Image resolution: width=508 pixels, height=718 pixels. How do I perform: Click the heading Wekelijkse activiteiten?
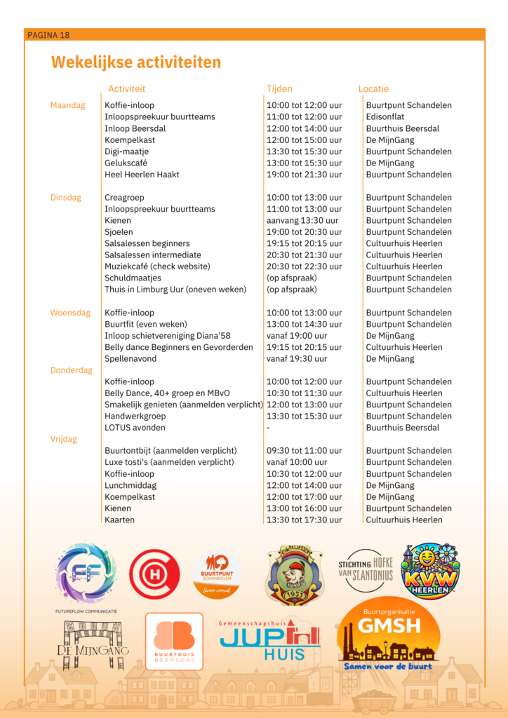[136, 62]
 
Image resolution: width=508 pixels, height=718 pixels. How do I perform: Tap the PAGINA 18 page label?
[48, 35]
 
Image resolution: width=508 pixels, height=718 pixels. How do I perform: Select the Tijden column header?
[279, 89]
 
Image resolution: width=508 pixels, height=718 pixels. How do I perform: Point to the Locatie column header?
[373, 89]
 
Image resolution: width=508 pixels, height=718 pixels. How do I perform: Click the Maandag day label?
[67, 105]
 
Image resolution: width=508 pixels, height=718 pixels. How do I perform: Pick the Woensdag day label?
[70, 313]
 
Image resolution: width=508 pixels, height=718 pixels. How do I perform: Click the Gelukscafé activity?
[126, 163]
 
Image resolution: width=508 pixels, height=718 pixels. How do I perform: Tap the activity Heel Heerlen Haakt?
[142, 175]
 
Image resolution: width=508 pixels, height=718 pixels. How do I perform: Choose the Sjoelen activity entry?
[119, 232]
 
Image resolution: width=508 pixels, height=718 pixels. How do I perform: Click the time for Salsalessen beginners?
[305, 243]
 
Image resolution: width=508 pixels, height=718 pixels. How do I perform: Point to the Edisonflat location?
[385, 117]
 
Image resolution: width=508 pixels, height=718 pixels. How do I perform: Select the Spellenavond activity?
[131, 359]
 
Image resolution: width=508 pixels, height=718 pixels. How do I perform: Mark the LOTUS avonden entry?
[135, 428]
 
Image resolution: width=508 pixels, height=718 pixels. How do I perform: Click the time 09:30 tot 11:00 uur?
[305, 451]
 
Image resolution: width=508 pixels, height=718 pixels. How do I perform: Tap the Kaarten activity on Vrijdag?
[120, 520]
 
